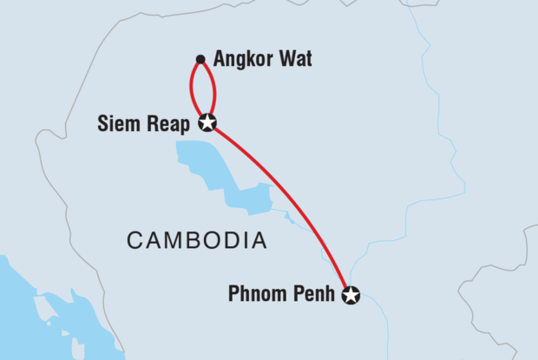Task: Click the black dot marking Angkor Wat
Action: tap(200, 60)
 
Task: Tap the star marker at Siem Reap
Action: tap(207, 122)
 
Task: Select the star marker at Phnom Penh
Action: tap(350, 296)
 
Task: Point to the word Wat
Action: tap(294, 60)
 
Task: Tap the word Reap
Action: tap(172, 124)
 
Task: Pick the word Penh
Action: tap(313, 296)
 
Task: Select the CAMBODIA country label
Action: tap(197, 240)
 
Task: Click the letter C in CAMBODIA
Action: tap(135, 240)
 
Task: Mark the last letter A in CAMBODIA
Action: tap(259, 240)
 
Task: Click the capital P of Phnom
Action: tap(233, 296)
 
